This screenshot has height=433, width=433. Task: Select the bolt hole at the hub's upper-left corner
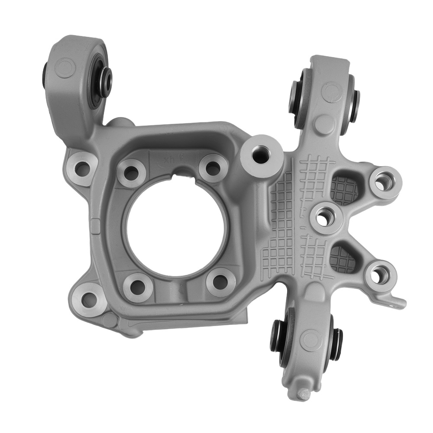tap(131, 173)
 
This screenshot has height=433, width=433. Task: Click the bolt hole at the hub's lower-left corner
tap(138, 286)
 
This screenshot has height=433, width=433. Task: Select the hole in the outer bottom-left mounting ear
tap(89, 298)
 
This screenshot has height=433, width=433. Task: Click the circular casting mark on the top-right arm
tap(332, 91)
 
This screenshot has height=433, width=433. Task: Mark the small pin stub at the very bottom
tap(304, 393)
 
